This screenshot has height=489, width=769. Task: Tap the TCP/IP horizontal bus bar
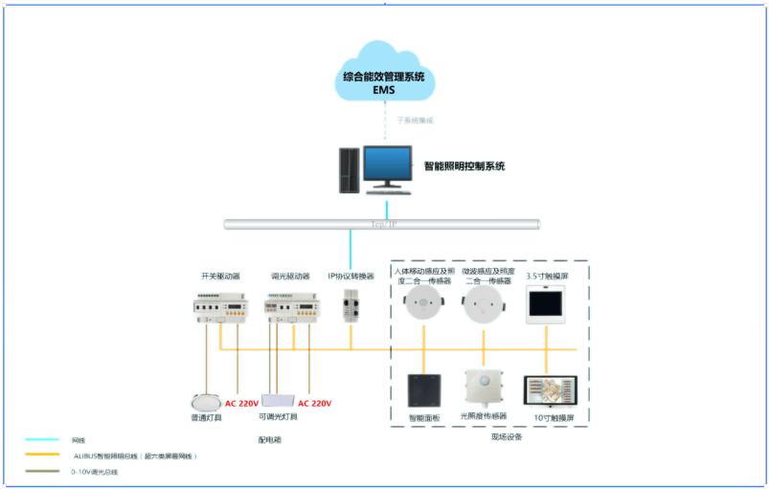pyautogui.click(x=382, y=225)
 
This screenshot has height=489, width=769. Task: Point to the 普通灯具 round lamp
pyautogui.click(x=206, y=401)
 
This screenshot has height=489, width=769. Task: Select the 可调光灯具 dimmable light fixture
pyautogui.click(x=277, y=400)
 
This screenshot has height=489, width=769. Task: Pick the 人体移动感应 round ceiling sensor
pyautogui.click(x=421, y=305)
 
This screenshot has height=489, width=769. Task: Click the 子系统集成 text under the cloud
pyautogui.click(x=415, y=121)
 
